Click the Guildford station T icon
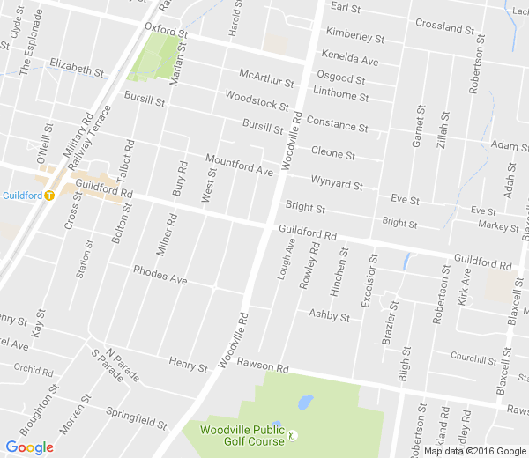point(51,196)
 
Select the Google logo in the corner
point(28,447)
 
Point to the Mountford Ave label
point(239,165)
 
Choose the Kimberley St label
point(355,35)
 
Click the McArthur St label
point(265,77)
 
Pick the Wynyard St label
point(337,181)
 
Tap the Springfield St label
point(137,417)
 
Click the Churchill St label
point(473,358)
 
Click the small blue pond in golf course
point(305,403)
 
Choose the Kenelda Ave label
point(351,59)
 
